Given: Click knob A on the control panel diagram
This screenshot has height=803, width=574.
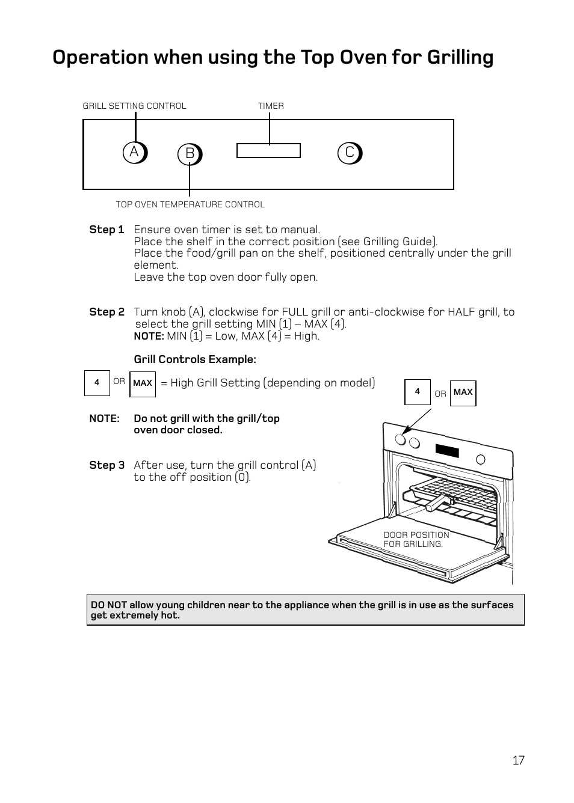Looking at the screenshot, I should pos(135,153).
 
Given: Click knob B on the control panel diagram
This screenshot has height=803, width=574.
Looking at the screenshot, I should pos(190,154).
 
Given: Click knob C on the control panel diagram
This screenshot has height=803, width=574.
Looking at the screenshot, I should pos(350,153).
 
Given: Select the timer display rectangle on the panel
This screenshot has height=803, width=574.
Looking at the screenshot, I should pos(268,151).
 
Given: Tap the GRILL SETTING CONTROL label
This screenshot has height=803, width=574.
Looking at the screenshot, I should pos(134,106).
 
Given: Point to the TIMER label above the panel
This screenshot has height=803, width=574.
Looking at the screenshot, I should pos(271,106).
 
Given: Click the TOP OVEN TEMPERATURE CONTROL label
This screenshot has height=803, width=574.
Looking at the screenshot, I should pos(190,204).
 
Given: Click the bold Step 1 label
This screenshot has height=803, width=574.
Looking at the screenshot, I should pos(106,230).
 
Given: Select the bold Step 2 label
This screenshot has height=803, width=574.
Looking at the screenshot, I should pos(106,312).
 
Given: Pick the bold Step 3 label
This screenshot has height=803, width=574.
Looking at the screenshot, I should pos(106,465).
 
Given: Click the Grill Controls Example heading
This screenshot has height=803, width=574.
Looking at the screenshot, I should pos(195,359).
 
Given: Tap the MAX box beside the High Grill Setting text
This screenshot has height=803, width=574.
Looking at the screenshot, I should pos(143,383).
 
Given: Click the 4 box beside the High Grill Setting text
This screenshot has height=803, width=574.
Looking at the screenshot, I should pos(97,383).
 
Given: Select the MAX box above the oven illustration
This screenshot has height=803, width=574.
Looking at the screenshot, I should pos(463,392).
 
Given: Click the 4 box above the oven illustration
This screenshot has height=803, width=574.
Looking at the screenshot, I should pos(418,392).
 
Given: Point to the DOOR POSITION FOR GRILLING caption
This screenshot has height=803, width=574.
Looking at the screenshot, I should pos(416,539).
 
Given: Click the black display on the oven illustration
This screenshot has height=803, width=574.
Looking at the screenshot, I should pos(448,450).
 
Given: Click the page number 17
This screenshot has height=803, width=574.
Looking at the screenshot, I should pos(519,760).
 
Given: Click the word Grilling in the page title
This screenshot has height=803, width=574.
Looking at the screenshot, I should pos(460,57).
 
